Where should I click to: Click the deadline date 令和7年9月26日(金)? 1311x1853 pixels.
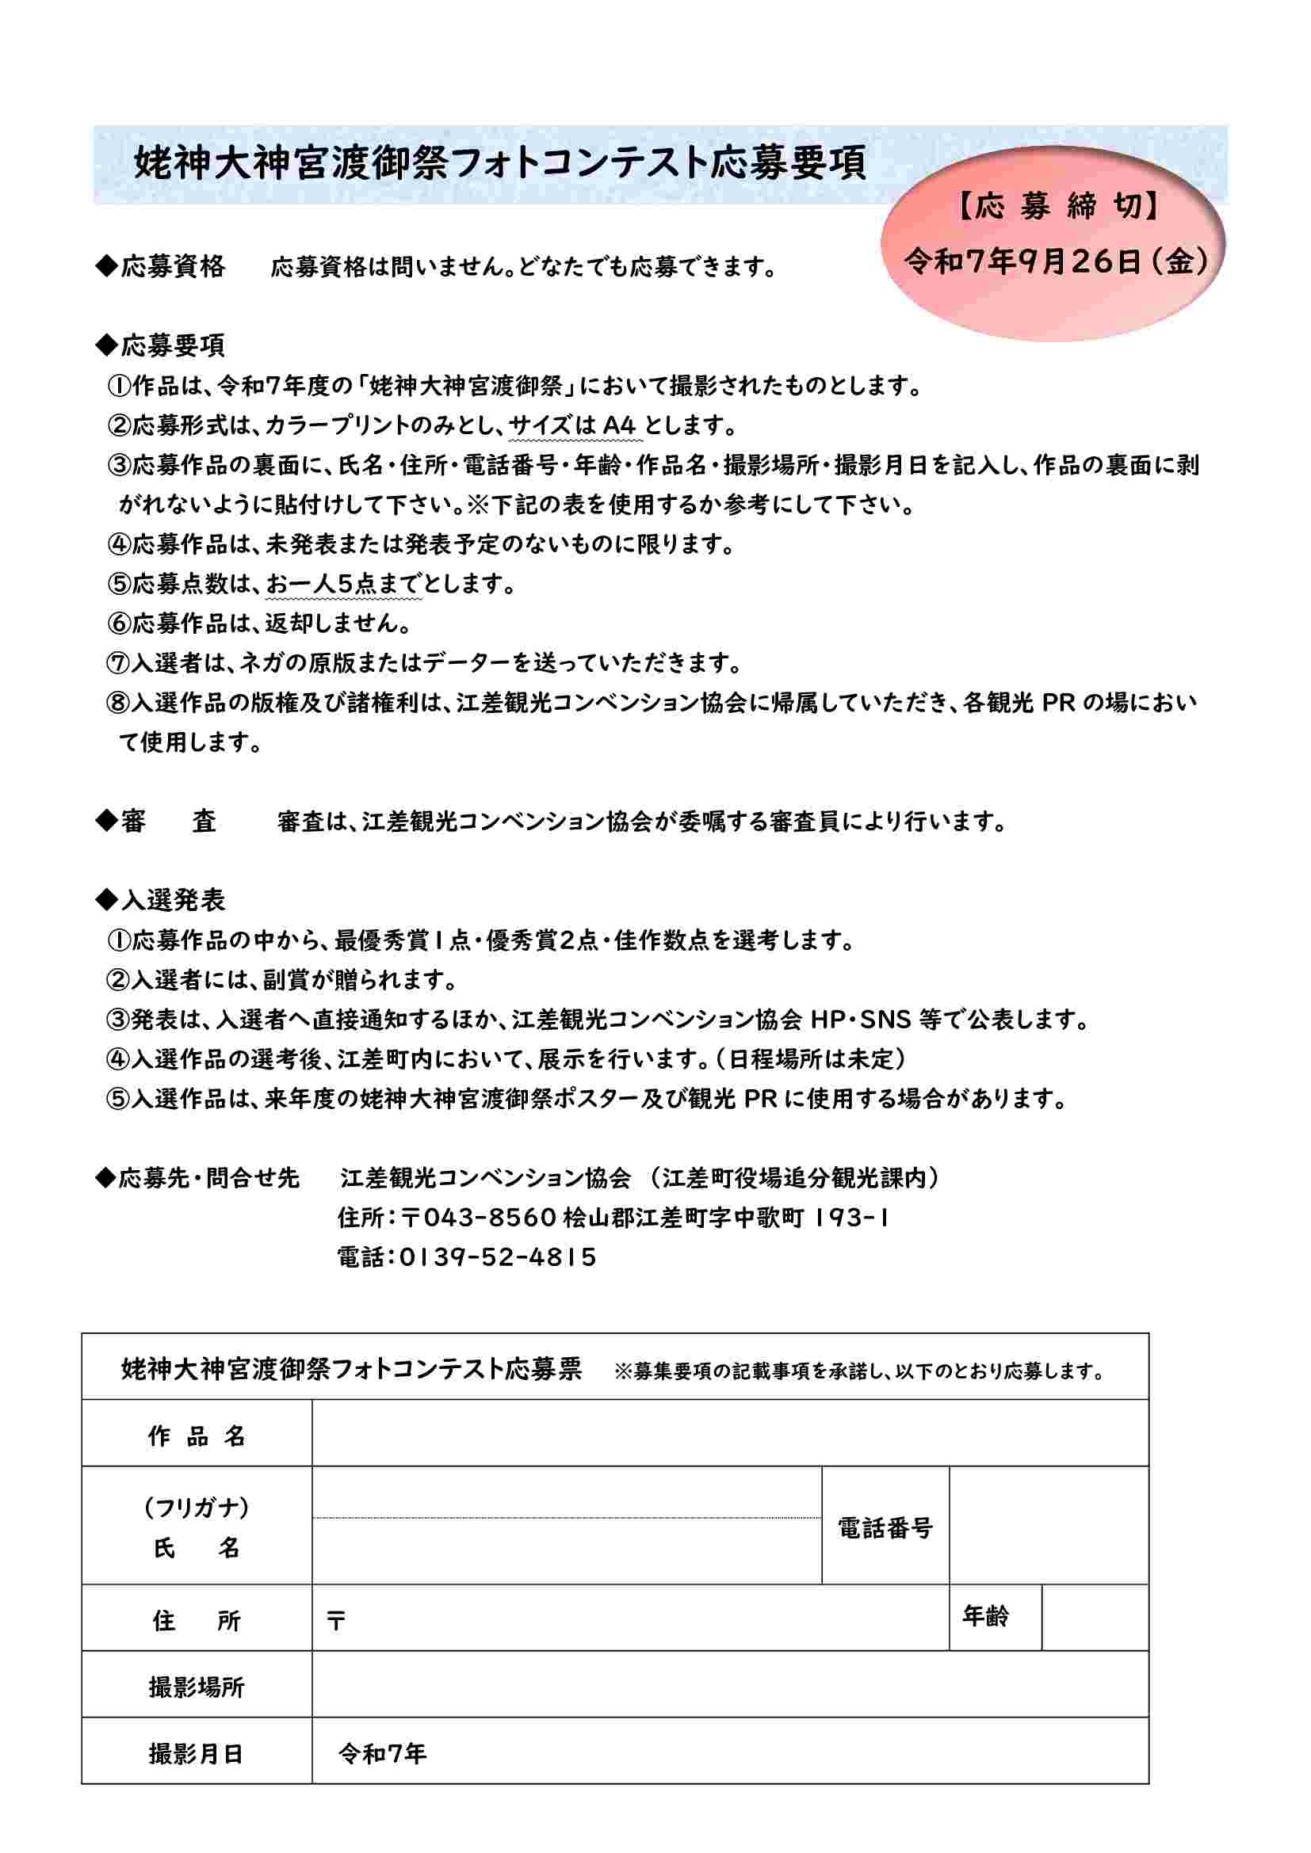(x=1056, y=261)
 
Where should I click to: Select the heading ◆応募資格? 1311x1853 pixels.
(x=161, y=266)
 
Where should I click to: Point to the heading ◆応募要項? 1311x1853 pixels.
(x=161, y=345)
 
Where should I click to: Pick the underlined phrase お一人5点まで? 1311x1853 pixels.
(x=342, y=584)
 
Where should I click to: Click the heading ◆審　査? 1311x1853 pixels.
(x=157, y=822)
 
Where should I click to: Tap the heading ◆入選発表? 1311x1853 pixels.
(x=161, y=900)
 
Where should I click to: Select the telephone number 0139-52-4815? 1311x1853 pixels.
(x=497, y=1256)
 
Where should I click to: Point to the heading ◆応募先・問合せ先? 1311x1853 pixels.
(x=197, y=1177)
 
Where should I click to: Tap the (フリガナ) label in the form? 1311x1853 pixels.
(x=196, y=1507)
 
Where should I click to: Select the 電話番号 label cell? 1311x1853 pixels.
(x=885, y=1527)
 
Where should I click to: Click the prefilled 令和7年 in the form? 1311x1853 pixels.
(x=382, y=1753)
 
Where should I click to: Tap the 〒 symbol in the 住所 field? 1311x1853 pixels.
(x=336, y=1621)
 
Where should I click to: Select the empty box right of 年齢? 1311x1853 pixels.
(x=1094, y=1618)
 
